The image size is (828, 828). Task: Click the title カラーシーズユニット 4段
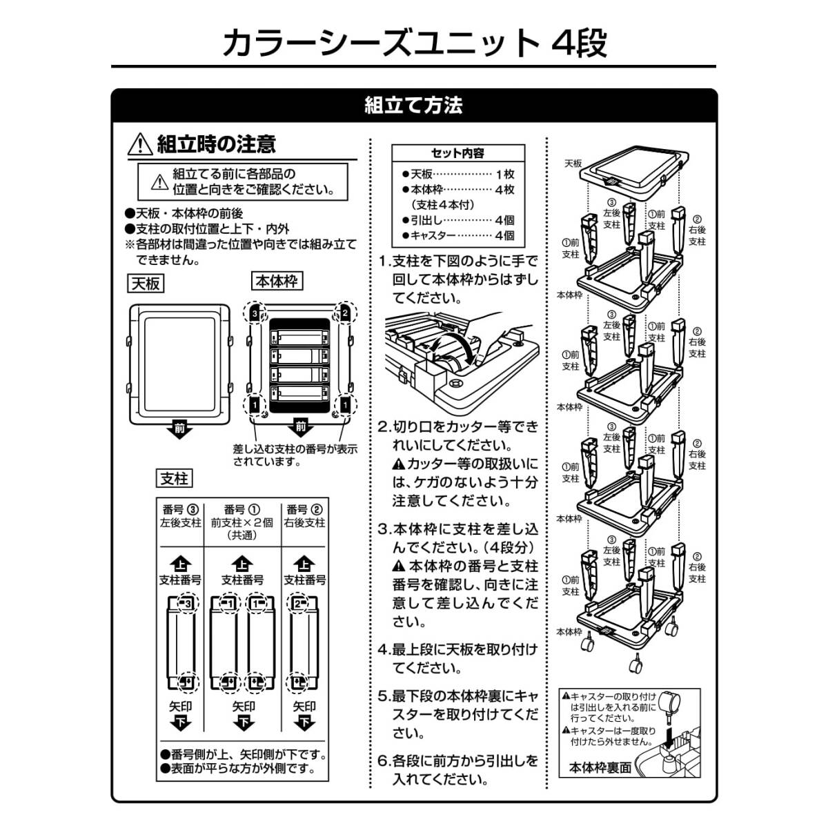pos(414,43)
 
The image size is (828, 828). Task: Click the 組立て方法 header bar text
pos(413,106)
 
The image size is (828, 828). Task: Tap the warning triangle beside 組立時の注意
pos(140,144)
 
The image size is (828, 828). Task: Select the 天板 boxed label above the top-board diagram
pos(146,284)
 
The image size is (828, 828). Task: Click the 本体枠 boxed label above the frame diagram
pos(277,282)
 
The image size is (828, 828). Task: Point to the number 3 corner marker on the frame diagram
pos(255,313)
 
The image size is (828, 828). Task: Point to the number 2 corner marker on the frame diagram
pos(344,313)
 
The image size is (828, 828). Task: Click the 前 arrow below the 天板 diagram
pos(179,429)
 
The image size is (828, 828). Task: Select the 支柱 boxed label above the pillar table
pos(174,478)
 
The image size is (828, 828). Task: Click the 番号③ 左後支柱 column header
pos(180,516)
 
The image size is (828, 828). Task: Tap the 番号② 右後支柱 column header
pos(305,516)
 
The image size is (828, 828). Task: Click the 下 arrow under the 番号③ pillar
pos(181,723)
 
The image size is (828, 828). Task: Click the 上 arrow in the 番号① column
pos(242,564)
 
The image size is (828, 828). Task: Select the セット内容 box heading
pos(457,153)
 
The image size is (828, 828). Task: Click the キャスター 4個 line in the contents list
pos(457,235)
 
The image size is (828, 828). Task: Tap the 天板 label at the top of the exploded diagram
pos(573,164)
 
